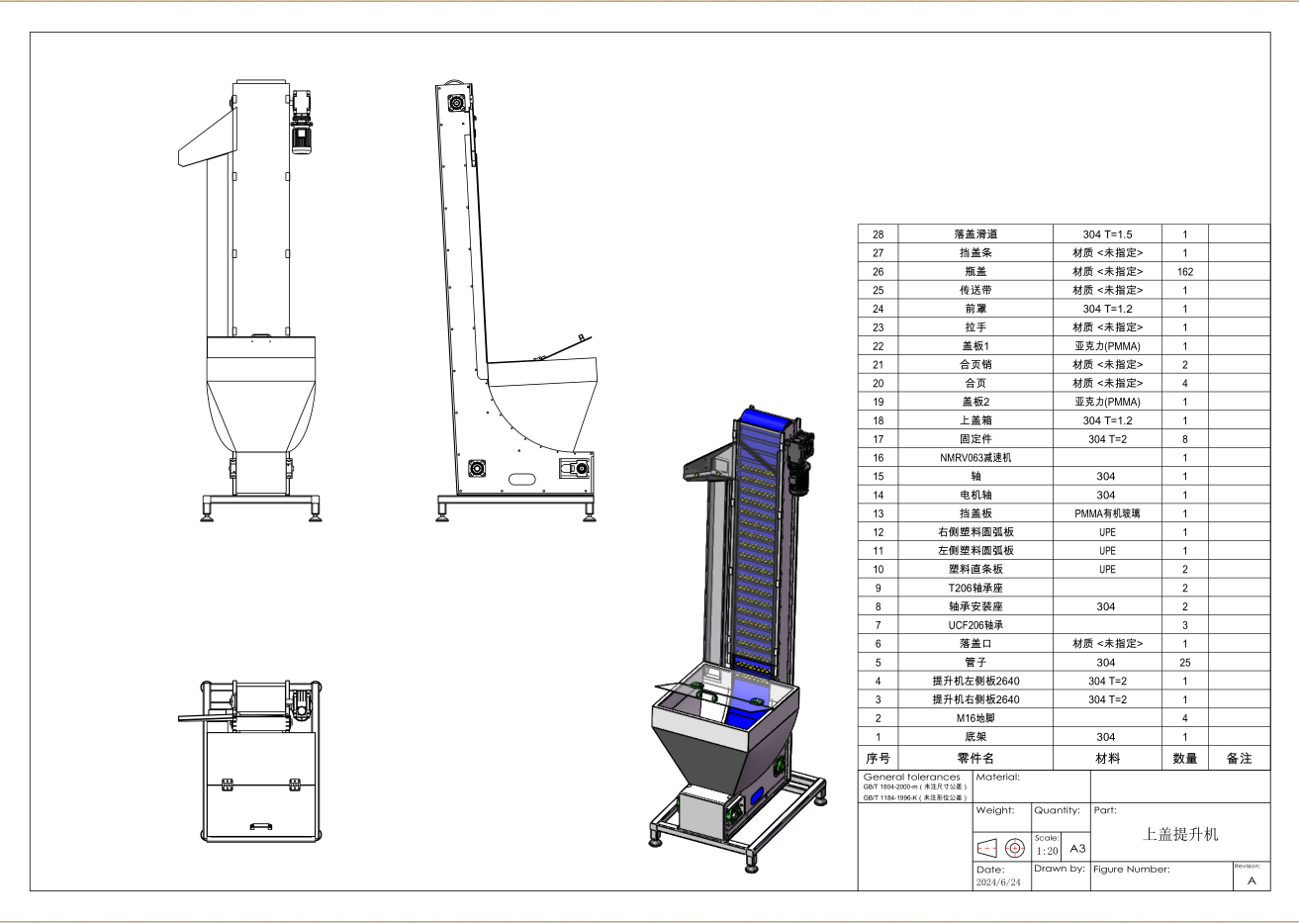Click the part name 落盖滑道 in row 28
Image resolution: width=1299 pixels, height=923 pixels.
(x=975, y=234)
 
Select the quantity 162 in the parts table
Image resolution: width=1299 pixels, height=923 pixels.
(x=1185, y=272)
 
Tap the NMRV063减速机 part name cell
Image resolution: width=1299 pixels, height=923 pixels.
(x=975, y=457)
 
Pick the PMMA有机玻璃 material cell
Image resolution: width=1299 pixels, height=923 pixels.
(x=1107, y=513)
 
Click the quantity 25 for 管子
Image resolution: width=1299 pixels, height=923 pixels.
(x=1185, y=662)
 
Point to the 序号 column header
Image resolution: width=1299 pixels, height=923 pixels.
(x=878, y=759)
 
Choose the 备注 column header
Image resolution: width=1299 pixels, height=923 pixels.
(x=1240, y=759)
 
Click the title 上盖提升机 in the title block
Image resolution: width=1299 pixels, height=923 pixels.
(x=1180, y=834)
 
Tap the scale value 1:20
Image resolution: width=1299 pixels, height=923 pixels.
(x=1048, y=851)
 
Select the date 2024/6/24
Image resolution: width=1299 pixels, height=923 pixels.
(x=998, y=881)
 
